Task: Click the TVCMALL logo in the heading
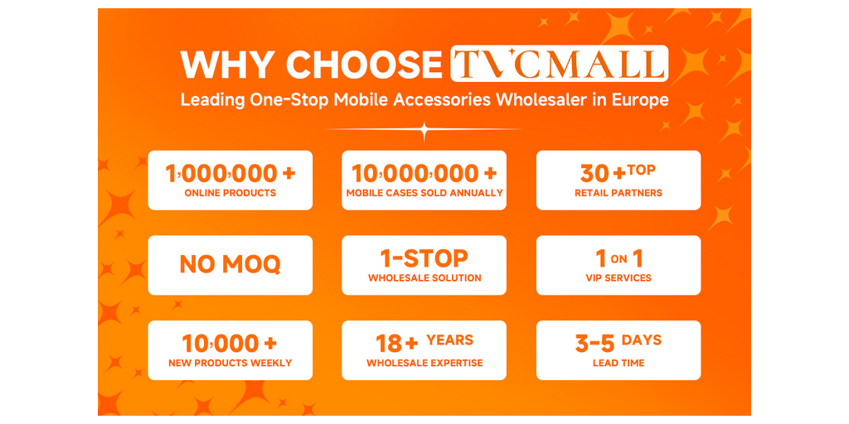(x=560, y=64)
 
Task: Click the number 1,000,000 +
(x=230, y=174)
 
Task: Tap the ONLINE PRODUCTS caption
(x=230, y=193)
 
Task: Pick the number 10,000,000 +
(x=424, y=174)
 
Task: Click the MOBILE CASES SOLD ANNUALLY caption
(x=424, y=193)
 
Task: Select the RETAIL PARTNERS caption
(x=619, y=193)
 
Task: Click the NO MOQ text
(x=230, y=264)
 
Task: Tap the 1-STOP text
(x=424, y=258)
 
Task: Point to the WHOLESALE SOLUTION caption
(x=424, y=278)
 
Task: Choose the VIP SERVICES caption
(x=619, y=278)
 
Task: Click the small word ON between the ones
(x=619, y=259)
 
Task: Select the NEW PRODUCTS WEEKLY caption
(x=230, y=364)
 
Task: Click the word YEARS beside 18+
(x=449, y=340)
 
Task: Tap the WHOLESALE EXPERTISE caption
(x=424, y=364)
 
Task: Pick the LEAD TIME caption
(x=619, y=364)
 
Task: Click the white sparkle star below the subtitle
(x=424, y=130)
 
